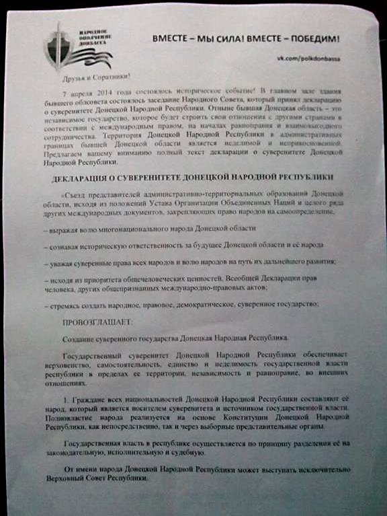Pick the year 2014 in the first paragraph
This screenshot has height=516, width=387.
tap(106, 92)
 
